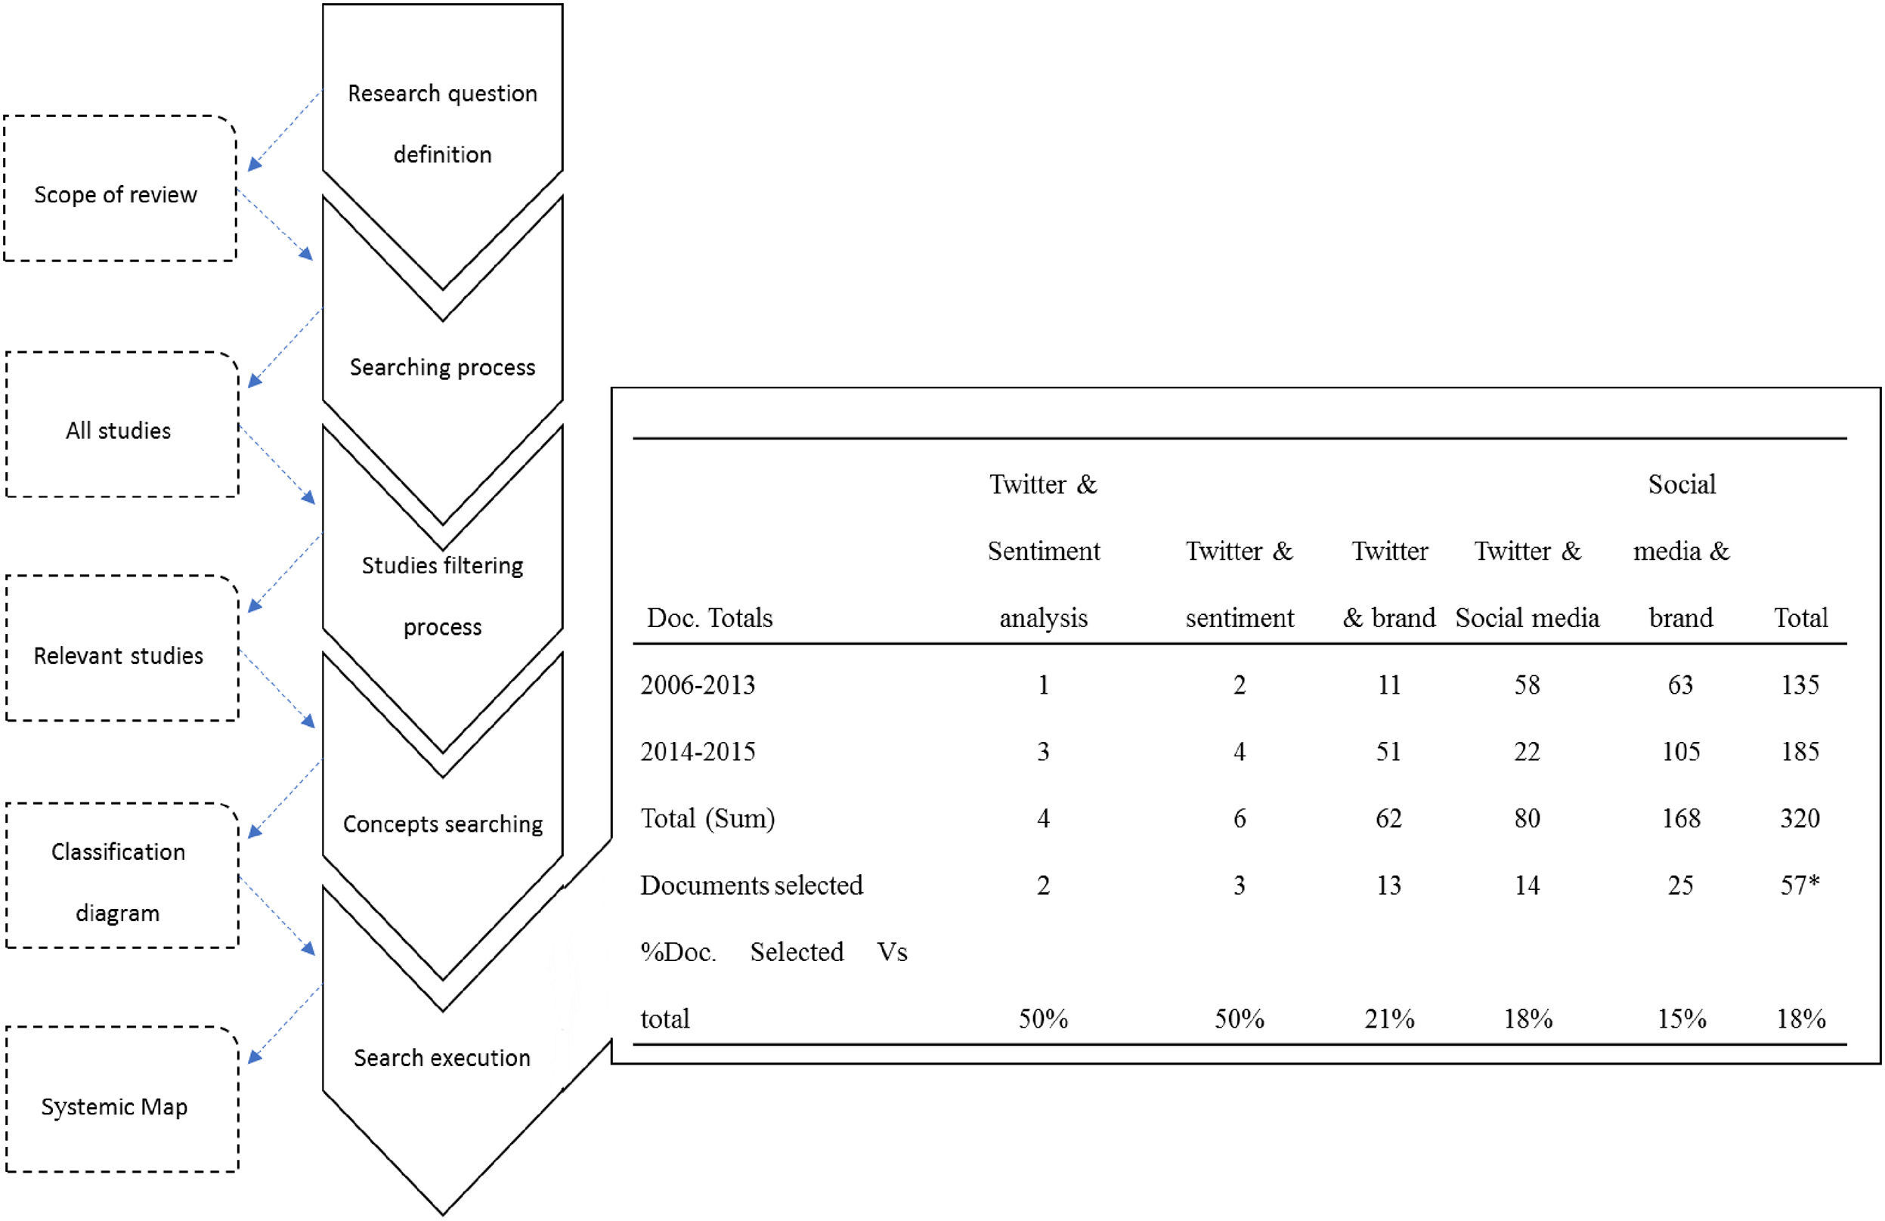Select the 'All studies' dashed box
122,425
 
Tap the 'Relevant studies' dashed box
122,649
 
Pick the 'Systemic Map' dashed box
122,1100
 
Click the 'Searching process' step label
442,367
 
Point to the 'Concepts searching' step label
443,824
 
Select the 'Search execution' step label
442,1058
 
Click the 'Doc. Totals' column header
710,617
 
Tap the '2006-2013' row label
698,685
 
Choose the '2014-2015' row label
698,752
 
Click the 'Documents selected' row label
751,886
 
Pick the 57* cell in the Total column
1800,886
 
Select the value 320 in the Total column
1800,818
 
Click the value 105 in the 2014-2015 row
1681,752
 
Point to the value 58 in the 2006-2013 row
1527,685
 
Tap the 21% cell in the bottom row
1389,1019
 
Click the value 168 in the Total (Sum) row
1681,818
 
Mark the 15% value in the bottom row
1681,1019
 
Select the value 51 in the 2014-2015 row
1388,752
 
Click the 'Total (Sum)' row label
707,818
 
